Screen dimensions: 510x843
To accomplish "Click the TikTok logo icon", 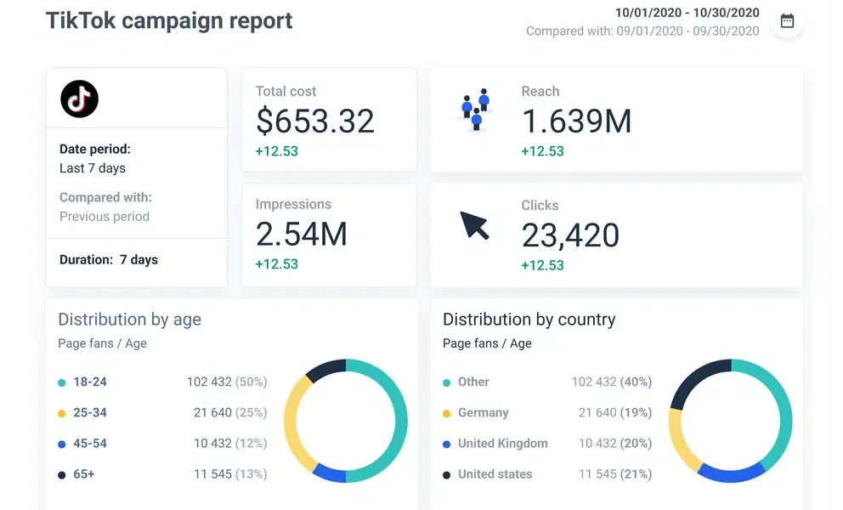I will point(80,99).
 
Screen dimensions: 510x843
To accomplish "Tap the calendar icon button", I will point(787,21).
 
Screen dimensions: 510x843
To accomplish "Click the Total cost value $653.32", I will point(315,122).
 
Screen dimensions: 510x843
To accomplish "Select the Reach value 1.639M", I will point(576,122).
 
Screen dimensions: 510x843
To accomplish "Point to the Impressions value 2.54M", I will point(302,234).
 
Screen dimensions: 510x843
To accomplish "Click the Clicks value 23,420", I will point(570,235).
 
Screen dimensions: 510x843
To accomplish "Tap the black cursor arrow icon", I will point(475,225).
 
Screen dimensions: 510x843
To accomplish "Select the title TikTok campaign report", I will point(169,20).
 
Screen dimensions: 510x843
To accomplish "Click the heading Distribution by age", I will point(129,320).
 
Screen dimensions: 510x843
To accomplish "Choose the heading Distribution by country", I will point(529,320).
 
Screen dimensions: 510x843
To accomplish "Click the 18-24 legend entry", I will point(90,382).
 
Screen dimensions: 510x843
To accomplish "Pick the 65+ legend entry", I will point(84,473).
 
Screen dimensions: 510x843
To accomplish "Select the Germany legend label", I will point(483,412).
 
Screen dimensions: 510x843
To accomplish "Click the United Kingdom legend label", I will point(502,443).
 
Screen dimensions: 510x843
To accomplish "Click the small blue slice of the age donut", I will point(330,473).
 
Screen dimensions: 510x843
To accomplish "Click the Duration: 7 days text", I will point(109,259).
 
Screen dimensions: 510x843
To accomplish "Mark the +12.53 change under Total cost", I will point(277,151).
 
